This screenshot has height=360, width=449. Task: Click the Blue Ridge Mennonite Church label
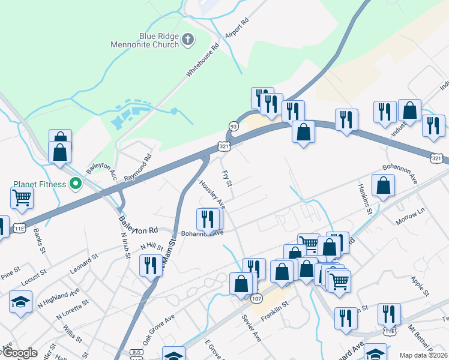[145, 40]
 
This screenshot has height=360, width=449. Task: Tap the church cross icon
[188, 40]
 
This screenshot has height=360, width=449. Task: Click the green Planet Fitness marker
[75, 184]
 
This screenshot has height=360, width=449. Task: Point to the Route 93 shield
[233, 126]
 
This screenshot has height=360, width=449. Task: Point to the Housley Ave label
[212, 193]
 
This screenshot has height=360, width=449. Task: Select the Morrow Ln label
[410, 217]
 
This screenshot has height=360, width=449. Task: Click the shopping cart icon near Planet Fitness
[22, 197]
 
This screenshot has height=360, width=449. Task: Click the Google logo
[20, 353]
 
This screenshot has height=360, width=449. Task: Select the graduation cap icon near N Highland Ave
[20, 301]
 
